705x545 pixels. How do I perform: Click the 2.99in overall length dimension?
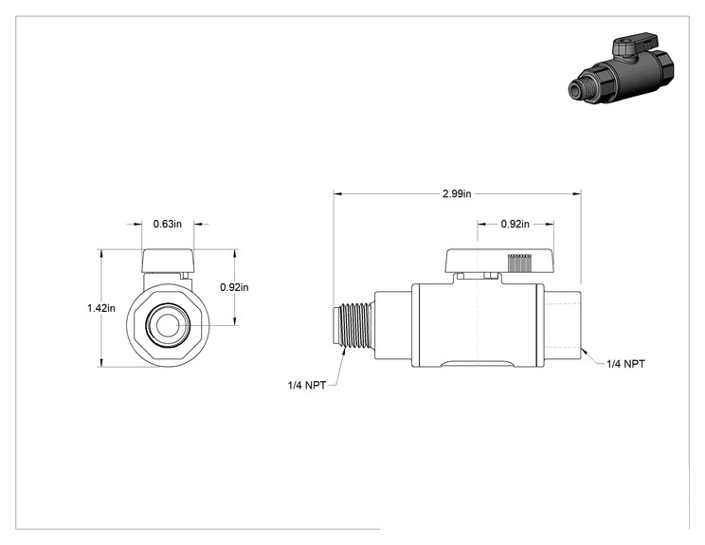457,193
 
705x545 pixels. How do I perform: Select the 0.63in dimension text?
168,224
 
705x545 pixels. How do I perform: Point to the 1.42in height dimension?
101,308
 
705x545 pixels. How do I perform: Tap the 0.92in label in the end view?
234,287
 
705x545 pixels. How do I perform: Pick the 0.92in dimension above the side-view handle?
515,224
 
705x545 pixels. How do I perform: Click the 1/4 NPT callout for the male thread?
307,386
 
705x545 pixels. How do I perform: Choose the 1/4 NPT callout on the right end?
625,364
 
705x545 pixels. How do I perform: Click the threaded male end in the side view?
353,325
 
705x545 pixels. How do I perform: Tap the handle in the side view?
499,261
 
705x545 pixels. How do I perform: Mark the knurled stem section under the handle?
520,263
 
